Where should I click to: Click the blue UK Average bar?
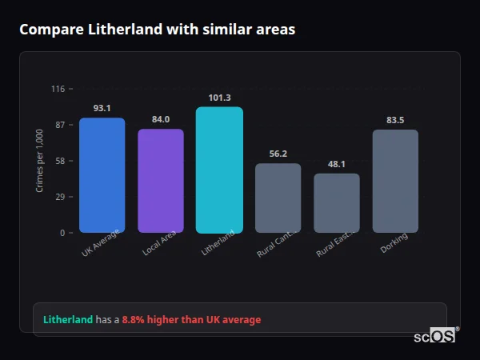[x=102, y=175]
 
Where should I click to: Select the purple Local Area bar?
[x=161, y=181]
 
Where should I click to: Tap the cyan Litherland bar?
[x=219, y=170]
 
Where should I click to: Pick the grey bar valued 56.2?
[x=278, y=198]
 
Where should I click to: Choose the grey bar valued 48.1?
[x=337, y=203]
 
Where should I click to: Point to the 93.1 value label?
[x=102, y=108]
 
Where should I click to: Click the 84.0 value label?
[x=161, y=119]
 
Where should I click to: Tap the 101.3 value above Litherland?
[x=219, y=98]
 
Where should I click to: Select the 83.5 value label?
[x=395, y=120]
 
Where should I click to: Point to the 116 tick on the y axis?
[x=58, y=89]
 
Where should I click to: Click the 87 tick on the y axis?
[x=60, y=125]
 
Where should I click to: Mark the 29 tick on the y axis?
[x=60, y=197]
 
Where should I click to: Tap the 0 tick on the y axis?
[x=62, y=233]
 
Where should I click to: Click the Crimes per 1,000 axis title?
[x=40, y=161]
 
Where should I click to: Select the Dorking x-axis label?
[x=394, y=243]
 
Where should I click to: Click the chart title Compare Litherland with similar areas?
[x=157, y=30]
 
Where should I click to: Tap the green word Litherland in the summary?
[x=68, y=320]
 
